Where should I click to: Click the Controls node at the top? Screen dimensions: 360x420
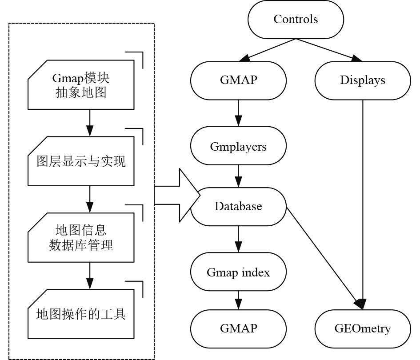(296, 20)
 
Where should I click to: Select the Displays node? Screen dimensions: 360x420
(363, 80)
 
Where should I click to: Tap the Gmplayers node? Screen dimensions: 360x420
(238, 146)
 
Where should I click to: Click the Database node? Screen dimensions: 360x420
(238, 207)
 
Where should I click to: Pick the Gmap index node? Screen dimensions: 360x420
(238, 272)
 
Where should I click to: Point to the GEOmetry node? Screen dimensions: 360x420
(363, 329)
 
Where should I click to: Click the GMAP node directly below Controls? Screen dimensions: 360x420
(238, 80)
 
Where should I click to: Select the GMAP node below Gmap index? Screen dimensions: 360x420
(238, 329)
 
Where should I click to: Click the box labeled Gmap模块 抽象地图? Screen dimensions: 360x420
(81, 85)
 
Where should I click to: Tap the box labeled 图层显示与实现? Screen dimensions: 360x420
(81, 161)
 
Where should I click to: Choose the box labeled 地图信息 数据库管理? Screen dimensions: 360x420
(81, 238)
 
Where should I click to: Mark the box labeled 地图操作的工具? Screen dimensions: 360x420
(81, 314)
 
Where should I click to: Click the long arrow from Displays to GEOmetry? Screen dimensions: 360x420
(364, 200)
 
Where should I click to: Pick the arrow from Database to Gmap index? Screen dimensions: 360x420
(239, 240)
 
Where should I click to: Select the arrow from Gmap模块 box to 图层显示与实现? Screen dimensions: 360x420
(90, 123)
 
